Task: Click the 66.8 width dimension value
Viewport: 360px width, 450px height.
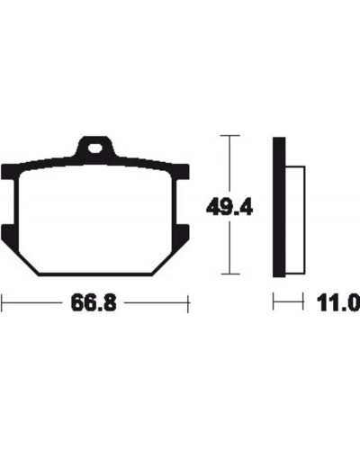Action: (x=94, y=303)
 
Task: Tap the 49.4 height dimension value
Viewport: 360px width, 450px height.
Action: (x=229, y=207)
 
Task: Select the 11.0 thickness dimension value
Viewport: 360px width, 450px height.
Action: (x=338, y=303)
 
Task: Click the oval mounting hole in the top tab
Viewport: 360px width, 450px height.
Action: (x=94, y=148)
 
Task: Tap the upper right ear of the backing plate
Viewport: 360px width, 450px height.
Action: (x=181, y=172)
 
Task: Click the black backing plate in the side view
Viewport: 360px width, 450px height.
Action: (x=279, y=207)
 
